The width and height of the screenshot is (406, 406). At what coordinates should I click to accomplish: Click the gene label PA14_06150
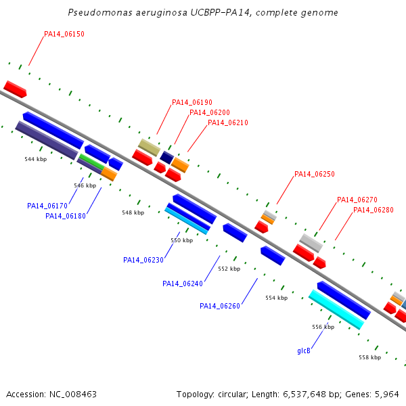(x=64, y=34)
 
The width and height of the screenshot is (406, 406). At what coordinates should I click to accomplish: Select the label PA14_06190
(x=192, y=103)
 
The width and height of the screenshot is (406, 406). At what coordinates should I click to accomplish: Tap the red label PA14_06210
(x=228, y=123)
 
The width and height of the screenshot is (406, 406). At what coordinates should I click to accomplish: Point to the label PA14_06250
(x=315, y=175)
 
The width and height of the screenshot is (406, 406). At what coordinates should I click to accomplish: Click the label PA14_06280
(x=374, y=210)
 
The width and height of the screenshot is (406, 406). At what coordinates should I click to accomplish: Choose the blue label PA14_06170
(x=47, y=206)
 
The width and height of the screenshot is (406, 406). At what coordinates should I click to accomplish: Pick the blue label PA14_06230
(x=143, y=260)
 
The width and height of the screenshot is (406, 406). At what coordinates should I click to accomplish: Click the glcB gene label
(x=304, y=351)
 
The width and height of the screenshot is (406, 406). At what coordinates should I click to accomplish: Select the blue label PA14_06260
(x=220, y=306)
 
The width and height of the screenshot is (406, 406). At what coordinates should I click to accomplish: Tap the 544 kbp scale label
(x=35, y=160)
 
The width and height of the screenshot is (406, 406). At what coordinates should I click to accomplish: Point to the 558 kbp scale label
(x=369, y=357)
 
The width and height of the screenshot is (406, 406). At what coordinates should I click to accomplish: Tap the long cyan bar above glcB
(x=336, y=309)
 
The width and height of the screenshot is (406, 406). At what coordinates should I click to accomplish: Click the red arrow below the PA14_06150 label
(x=15, y=89)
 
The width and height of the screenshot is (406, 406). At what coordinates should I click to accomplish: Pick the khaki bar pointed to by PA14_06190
(x=149, y=148)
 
